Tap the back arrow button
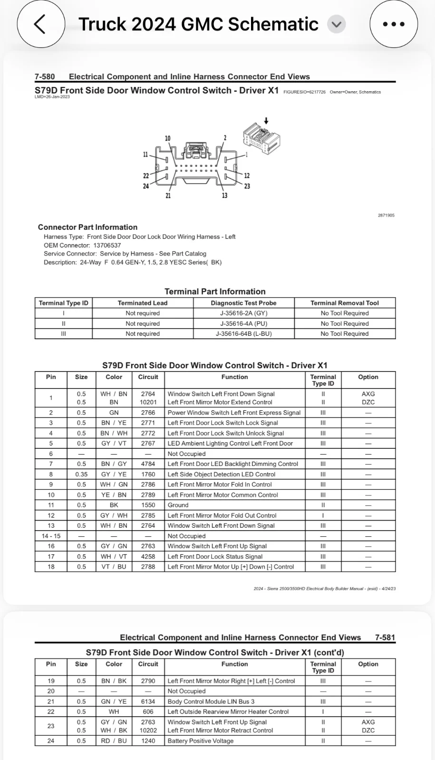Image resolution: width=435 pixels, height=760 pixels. click(41, 24)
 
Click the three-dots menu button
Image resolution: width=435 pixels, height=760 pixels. click(393, 24)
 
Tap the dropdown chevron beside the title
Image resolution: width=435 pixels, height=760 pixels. click(337, 24)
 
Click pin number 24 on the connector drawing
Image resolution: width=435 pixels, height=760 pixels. click(146, 186)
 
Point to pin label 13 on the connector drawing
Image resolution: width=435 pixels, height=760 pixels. click(224, 195)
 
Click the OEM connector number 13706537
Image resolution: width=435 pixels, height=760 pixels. click(107, 246)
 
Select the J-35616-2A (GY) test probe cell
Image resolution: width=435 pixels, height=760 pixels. click(243, 313)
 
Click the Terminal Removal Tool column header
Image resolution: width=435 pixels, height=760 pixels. click(345, 303)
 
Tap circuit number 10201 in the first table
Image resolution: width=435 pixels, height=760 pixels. click(148, 402)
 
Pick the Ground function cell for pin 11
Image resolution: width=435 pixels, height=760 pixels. click(178, 505)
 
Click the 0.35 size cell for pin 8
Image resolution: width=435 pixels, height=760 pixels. click(81, 475)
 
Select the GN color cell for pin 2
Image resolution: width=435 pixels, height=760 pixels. click(114, 413)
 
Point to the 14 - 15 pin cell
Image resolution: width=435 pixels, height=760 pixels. click(51, 536)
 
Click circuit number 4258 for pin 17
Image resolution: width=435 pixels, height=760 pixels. click(148, 557)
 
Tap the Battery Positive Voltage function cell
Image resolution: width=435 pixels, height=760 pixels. click(201, 741)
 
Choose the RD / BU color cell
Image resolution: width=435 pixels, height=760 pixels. click(114, 741)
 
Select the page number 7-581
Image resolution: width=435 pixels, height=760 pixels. click(385, 637)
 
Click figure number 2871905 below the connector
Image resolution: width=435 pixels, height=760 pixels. click(386, 216)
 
